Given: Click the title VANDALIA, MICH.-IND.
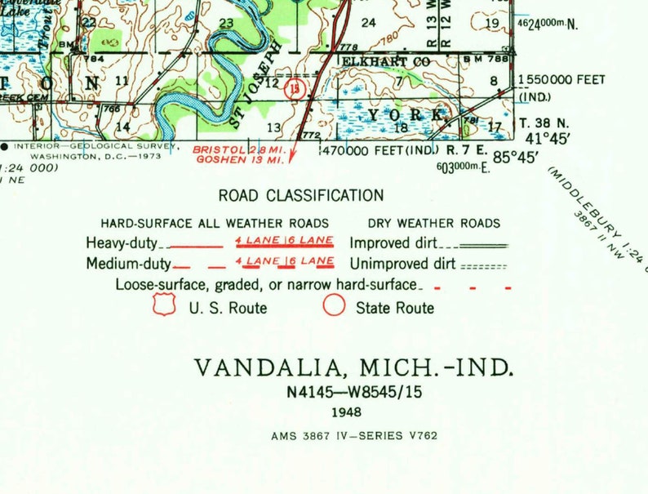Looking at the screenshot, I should coord(354,367).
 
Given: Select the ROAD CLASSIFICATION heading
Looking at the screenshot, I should coord(301,195).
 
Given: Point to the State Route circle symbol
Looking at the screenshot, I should coord(334,306).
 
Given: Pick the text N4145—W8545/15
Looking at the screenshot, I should coord(354,393).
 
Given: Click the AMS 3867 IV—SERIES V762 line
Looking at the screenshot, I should coord(354,435).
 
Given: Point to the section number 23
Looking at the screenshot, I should coord(225,23).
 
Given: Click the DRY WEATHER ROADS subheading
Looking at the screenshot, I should coord(433,223).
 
